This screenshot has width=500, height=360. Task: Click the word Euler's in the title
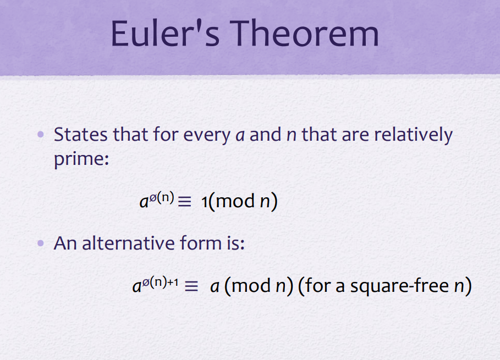point(165,33)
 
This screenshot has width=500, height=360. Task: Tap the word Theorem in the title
point(304,33)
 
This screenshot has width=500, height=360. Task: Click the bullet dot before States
point(41,134)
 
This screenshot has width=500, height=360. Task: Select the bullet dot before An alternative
point(41,243)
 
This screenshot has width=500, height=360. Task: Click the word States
point(81,134)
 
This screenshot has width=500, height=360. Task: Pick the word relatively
point(413,135)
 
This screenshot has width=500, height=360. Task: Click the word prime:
point(81,159)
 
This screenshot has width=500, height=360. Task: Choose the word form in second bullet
point(201,243)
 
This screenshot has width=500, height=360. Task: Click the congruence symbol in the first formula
point(184,201)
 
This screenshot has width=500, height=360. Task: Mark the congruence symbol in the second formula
point(191,286)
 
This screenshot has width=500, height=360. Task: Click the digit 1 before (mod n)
point(205,202)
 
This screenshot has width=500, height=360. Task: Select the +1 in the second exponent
point(173,283)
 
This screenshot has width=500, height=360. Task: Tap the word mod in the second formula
point(251,286)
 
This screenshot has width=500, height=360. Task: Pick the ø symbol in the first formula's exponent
point(153,198)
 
